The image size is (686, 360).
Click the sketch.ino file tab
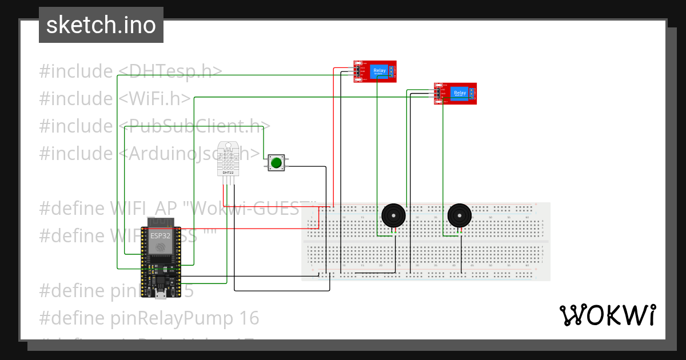tap(101, 25)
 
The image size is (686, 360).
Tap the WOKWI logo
tap(607, 315)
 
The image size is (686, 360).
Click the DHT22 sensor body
tap(228, 158)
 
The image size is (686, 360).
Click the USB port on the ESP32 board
tap(161, 295)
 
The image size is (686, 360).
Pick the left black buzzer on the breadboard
tap(393, 215)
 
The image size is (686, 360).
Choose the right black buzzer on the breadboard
tap(460, 215)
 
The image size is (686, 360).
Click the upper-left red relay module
tap(375, 71)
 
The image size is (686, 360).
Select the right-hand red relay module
tap(455, 93)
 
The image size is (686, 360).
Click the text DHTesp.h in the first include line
tap(169, 71)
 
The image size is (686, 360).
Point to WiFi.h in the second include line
tap(154, 99)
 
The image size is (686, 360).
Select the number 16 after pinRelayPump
tap(249, 318)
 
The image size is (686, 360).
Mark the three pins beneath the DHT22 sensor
tap(228, 181)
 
